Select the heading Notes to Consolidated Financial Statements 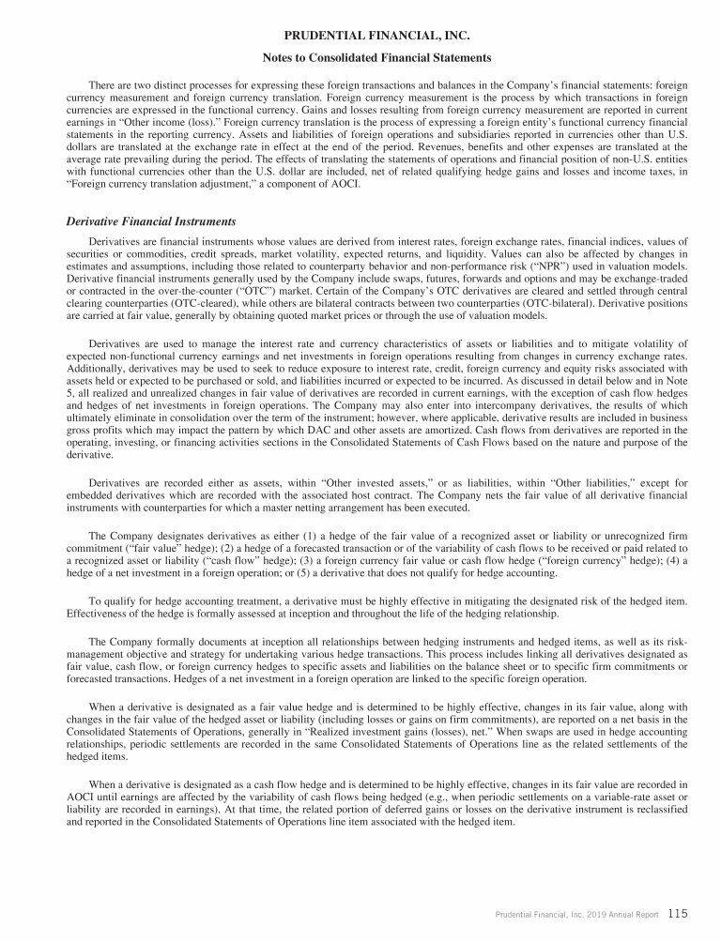pyautogui.click(x=360, y=57)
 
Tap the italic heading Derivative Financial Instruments pyautogui.click(x=150, y=221)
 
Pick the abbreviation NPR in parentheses pyautogui.click(x=558, y=266)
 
